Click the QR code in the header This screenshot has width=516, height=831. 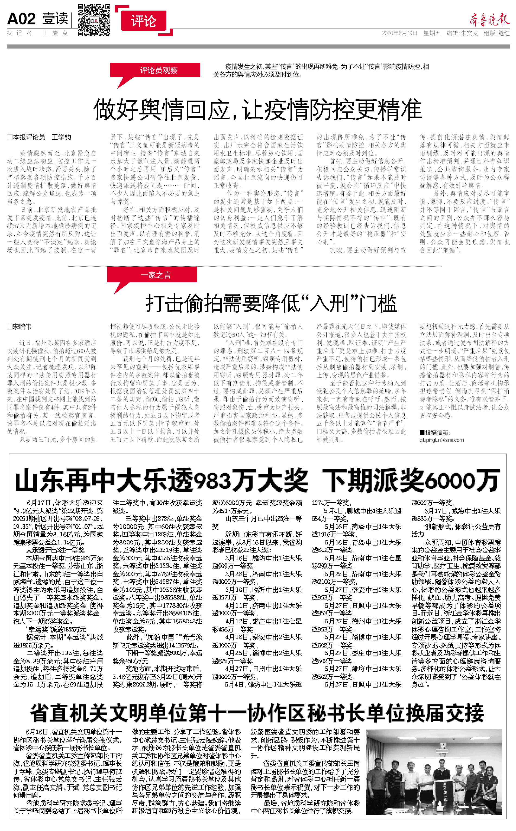pyautogui.click(x=94, y=20)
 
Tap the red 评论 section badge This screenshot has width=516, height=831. pyautogui.click(x=143, y=21)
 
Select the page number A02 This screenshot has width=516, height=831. pyautogui.click(x=21, y=19)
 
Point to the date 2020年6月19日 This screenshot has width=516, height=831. pyautogui.click(x=399, y=33)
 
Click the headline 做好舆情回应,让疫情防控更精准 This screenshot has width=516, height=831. pyautogui.click(x=258, y=109)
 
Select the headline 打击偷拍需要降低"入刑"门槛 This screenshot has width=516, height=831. pyautogui.click(x=271, y=303)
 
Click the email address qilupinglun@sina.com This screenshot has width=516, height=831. pyautogui.click(x=441, y=440)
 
